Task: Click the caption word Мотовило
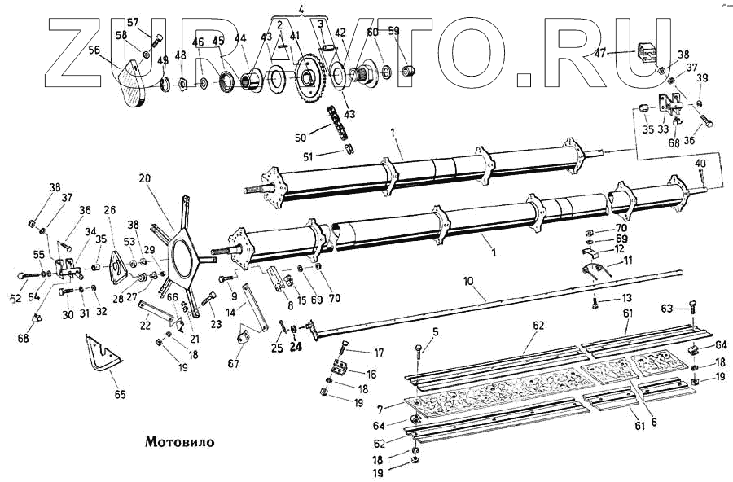[x=180, y=443]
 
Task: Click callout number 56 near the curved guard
[x=94, y=50]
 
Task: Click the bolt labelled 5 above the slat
[x=419, y=352]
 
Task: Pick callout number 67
[x=234, y=363]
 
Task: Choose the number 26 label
[x=109, y=208]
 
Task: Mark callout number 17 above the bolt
[x=378, y=353]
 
